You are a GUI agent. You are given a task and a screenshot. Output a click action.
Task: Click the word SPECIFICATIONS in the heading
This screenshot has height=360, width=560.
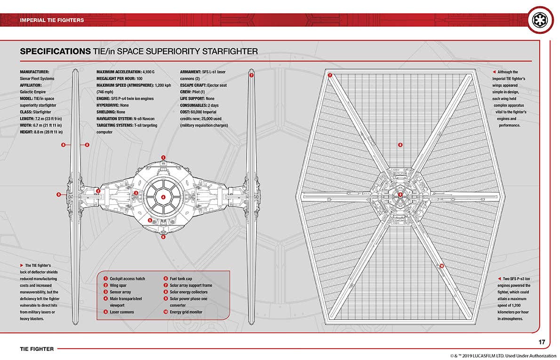[56, 51]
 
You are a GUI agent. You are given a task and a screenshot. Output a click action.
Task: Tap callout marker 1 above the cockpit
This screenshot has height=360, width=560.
[163, 158]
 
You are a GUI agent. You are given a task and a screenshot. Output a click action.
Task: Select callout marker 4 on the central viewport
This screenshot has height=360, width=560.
[163, 197]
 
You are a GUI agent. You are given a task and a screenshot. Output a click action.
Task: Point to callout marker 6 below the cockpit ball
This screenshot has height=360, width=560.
[163, 237]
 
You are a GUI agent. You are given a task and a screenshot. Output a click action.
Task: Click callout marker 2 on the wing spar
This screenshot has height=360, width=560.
[98, 191]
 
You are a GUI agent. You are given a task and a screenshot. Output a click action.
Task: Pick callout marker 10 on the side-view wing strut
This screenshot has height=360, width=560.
[441, 266]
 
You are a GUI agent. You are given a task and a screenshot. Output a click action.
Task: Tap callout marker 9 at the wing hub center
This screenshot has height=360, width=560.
[400, 195]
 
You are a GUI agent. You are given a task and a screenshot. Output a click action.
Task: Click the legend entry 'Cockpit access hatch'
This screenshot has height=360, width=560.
[127, 279]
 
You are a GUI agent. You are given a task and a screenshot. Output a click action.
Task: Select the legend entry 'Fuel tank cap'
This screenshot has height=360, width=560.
[181, 279]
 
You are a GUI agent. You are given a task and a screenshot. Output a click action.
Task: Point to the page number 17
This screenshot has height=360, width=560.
[542, 342]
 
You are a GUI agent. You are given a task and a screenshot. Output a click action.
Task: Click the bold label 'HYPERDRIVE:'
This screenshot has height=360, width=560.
[106, 105]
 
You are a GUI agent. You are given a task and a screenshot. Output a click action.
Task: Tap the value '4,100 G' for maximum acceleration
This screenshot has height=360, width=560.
[148, 72]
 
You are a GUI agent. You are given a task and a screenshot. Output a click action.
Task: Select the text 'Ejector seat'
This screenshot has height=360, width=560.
[217, 85]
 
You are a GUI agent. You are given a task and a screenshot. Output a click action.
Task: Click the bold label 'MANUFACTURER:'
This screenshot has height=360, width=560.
[35, 72]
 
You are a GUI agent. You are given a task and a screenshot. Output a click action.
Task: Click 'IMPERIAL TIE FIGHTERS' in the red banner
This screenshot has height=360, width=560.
[52, 20]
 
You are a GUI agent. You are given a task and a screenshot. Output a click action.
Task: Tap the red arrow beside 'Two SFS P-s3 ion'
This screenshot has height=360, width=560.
[499, 279]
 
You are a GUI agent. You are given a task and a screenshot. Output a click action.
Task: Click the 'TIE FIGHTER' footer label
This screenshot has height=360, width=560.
[37, 349]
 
